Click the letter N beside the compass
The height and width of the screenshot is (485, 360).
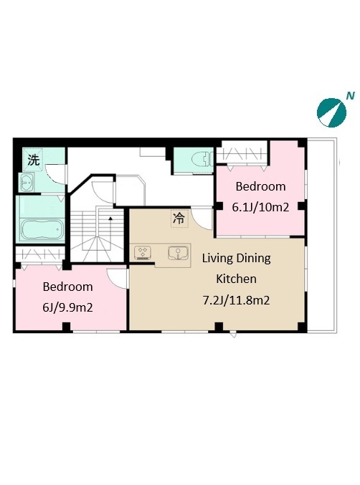(350, 96)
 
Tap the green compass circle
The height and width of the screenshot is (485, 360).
(331, 112)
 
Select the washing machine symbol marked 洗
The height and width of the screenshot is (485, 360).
(34, 160)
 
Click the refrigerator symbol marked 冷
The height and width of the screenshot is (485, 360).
(179, 219)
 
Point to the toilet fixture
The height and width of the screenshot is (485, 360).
(202, 160)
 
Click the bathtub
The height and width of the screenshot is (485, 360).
(42, 231)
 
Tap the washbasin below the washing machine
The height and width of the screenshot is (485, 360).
(27, 183)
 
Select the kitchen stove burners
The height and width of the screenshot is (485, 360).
(143, 252)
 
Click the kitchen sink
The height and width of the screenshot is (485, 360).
(178, 253)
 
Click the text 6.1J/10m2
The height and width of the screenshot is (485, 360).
(260, 207)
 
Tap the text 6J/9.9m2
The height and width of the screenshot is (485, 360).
(68, 308)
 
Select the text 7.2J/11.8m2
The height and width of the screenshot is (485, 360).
(236, 300)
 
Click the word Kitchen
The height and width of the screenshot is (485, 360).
(236, 279)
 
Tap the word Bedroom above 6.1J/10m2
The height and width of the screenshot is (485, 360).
(260, 186)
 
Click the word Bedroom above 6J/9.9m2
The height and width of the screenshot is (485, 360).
(68, 287)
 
